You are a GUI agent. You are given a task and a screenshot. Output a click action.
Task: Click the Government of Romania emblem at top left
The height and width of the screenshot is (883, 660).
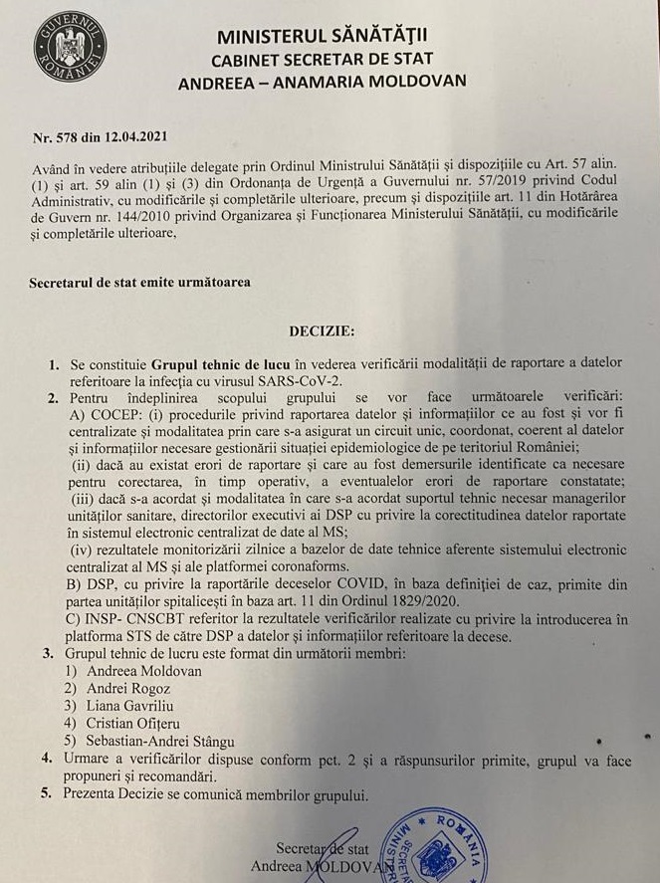coord(70,46)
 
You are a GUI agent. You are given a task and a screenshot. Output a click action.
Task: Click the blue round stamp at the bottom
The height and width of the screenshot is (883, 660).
coord(433,841)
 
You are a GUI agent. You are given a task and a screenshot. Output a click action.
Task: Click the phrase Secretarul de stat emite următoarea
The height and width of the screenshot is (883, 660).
coord(140,281)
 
